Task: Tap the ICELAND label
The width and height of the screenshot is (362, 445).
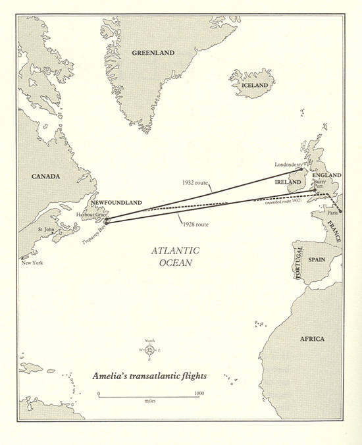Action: pyautogui.click(x=255, y=86)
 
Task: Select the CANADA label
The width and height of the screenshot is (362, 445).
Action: pyautogui.click(x=46, y=176)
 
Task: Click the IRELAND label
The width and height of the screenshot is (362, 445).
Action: pyautogui.click(x=287, y=181)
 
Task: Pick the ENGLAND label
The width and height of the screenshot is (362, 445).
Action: pyautogui.click(x=327, y=175)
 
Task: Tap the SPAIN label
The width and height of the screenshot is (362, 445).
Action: pyautogui.click(x=317, y=260)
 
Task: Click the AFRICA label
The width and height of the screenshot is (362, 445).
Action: pyautogui.click(x=311, y=338)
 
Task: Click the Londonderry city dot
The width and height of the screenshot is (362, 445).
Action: pyautogui.click(x=301, y=169)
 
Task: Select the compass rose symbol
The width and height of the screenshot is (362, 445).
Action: pyautogui.click(x=149, y=350)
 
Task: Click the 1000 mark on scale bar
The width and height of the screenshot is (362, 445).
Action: pyautogui.click(x=198, y=393)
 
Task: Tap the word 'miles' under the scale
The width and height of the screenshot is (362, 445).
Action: pyautogui.click(x=148, y=400)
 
